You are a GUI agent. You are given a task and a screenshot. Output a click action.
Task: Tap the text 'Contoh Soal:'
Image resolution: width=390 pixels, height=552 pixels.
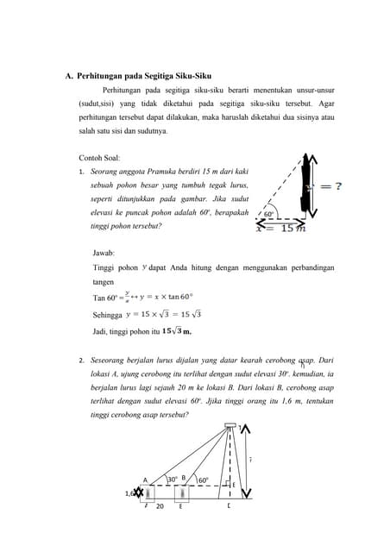coord(99,158)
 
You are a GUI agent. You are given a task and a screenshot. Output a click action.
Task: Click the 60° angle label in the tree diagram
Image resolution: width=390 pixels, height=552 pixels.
coord(268,214)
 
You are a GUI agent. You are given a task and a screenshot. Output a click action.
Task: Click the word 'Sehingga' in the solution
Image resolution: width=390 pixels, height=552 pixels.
coord(108,315)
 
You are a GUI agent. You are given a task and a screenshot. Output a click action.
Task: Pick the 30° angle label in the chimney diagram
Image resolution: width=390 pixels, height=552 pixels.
coord(173,479)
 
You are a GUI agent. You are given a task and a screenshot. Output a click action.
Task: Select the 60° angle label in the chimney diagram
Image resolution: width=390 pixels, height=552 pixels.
coord(204,480)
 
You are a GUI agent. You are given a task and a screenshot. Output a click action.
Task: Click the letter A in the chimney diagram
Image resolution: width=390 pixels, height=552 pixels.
coord(145,480)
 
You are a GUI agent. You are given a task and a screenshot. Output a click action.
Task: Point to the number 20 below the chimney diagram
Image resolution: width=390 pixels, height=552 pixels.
coord(160,507)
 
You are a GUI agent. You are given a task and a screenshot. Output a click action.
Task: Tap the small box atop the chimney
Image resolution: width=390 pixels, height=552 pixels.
coord(230,426)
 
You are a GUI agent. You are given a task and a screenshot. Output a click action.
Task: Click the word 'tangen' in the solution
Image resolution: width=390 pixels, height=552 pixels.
coord(103,282)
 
